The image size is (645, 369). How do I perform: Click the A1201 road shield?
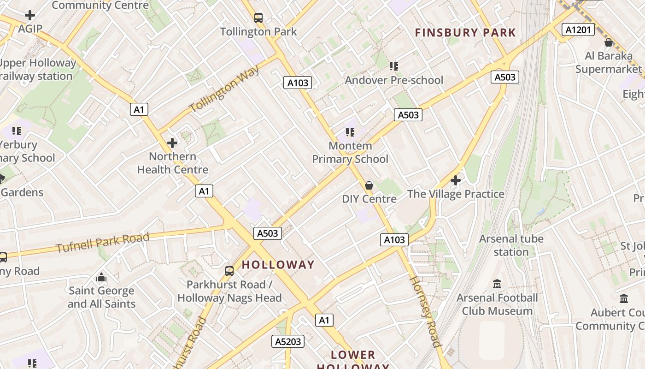pyautogui.click(x=578, y=30)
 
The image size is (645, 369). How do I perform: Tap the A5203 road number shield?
pyautogui.click(x=288, y=341)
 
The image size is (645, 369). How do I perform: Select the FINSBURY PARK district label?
pyautogui.click(x=465, y=33)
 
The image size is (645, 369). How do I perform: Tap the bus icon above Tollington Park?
pyautogui.click(x=258, y=18)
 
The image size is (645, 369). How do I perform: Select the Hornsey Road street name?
pyautogui.click(x=424, y=311)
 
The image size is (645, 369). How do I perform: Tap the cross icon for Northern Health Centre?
pyautogui.click(x=172, y=143)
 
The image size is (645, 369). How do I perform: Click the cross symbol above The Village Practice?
pyautogui.click(x=456, y=180)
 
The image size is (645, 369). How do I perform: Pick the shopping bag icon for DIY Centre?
pyautogui.click(x=369, y=185)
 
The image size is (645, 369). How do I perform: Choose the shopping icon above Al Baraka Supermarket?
pyautogui.click(x=608, y=42)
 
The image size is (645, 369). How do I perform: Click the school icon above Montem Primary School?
pyautogui.click(x=350, y=132)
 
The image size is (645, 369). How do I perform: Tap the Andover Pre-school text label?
pyautogui.click(x=394, y=80)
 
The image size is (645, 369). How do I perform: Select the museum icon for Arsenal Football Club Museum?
pyautogui.click(x=497, y=284)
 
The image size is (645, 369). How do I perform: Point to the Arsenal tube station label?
pyautogui.click(x=511, y=245)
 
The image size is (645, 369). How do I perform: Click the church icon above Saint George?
pyautogui.click(x=101, y=277)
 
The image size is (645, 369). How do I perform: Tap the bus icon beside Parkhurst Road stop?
pyautogui.click(x=229, y=271)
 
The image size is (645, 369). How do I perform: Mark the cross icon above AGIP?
pyautogui.click(x=30, y=15)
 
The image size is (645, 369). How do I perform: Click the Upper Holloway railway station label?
pyautogui.click(x=37, y=69)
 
